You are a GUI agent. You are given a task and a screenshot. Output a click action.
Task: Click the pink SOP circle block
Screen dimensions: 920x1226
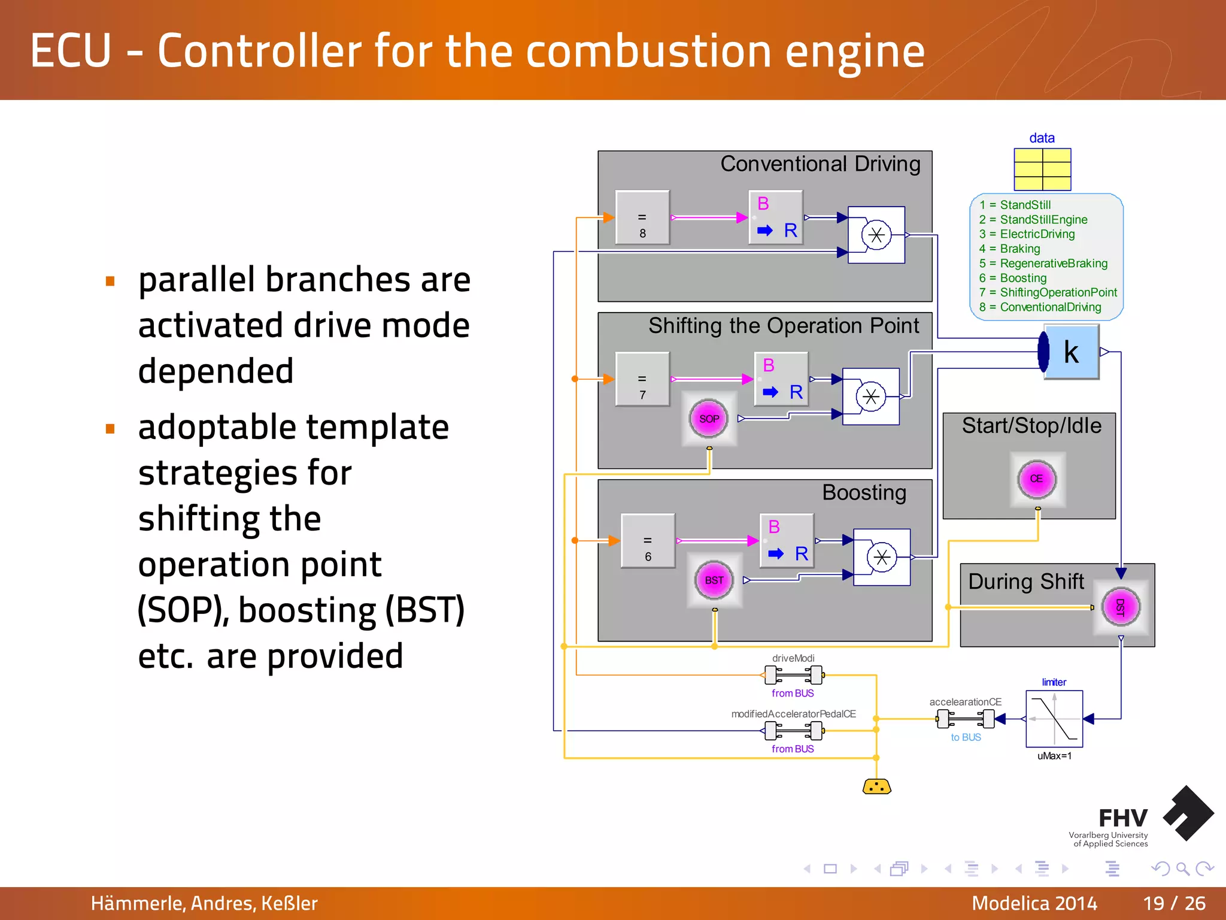point(709,419)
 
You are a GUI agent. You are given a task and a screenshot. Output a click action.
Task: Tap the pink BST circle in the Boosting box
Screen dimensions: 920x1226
point(714,580)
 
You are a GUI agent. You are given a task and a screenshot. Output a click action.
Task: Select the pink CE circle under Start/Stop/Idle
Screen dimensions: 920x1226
point(1037,479)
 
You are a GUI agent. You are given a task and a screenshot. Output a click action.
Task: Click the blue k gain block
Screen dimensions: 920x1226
point(1072,352)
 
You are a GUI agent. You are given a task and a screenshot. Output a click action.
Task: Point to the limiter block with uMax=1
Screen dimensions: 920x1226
point(1054,718)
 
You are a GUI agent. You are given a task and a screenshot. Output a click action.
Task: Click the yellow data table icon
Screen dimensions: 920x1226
point(1042,170)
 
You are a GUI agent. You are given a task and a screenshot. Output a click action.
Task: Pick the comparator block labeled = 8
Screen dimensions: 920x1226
point(642,217)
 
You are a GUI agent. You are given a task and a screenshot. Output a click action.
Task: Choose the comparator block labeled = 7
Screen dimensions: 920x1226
point(642,379)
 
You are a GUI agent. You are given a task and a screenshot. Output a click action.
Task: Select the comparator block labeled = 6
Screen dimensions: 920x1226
point(648,540)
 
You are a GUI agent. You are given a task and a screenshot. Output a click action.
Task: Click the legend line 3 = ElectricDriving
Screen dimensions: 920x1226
point(1027,234)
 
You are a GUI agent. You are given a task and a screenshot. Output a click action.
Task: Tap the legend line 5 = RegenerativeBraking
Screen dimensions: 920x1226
point(1043,264)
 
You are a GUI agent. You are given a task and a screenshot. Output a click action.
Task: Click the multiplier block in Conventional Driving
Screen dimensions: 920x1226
point(876,235)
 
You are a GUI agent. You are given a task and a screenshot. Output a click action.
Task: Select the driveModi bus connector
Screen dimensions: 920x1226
point(794,675)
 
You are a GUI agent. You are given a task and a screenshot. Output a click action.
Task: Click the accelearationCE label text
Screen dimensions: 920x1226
point(965,702)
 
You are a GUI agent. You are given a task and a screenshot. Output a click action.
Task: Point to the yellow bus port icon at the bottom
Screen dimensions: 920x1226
point(876,786)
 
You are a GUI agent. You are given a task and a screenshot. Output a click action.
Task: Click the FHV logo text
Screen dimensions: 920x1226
point(1122,818)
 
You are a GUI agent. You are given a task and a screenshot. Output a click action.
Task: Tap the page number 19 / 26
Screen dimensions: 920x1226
point(1174,903)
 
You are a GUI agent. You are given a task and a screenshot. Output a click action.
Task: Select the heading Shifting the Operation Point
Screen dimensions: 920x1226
point(783,326)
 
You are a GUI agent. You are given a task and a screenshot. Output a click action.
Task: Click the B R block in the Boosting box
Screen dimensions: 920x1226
point(787,540)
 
